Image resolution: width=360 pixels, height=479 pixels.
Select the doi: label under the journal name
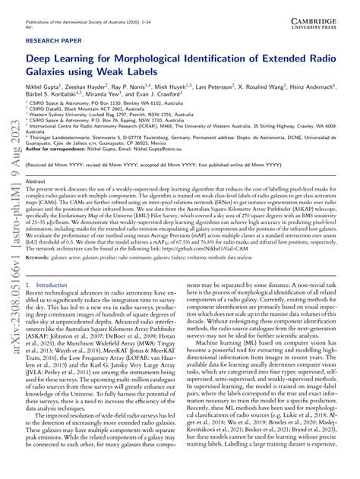(x=30, y=13)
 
